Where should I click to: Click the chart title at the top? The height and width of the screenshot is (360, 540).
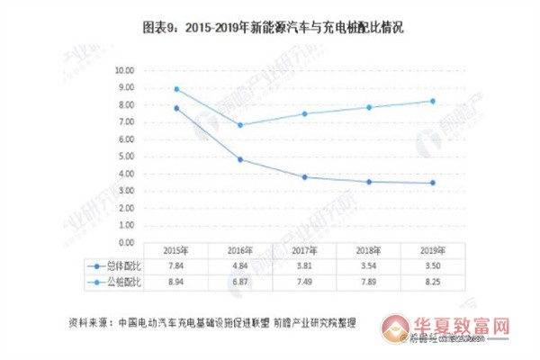pyautogui.click(x=269, y=28)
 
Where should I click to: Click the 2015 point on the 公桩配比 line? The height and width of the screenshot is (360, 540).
pyautogui.click(x=176, y=89)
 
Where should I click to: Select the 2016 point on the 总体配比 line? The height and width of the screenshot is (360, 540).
pyautogui.click(x=239, y=159)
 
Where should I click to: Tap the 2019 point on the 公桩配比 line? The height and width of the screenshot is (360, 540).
pyautogui.click(x=432, y=101)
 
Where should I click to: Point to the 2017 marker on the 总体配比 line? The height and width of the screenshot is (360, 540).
pyautogui.click(x=304, y=177)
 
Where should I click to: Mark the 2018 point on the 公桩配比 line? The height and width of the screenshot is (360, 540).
pyautogui.click(x=368, y=107)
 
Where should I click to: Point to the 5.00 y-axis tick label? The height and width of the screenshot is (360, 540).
pyautogui.click(x=123, y=157)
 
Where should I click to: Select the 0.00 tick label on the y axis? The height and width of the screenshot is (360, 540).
pyautogui.click(x=123, y=243)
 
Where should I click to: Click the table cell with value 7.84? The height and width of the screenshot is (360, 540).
pyautogui.click(x=176, y=267)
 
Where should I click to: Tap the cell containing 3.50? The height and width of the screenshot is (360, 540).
pyautogui.click(x=432, y=267)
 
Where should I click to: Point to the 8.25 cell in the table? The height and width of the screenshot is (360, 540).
pyautogui.click(x=432, y=283)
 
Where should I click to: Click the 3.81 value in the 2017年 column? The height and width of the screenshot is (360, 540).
pyautogui.click(x=304, y=267)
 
